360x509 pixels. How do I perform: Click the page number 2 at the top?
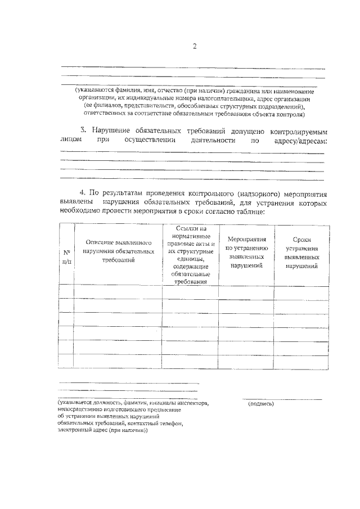(x=194, y=46)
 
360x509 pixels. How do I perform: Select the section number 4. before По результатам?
(x=83, y=193)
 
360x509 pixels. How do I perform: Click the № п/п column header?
(x=66, y=257)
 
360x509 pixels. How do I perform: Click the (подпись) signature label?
(x=260, y=403)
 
